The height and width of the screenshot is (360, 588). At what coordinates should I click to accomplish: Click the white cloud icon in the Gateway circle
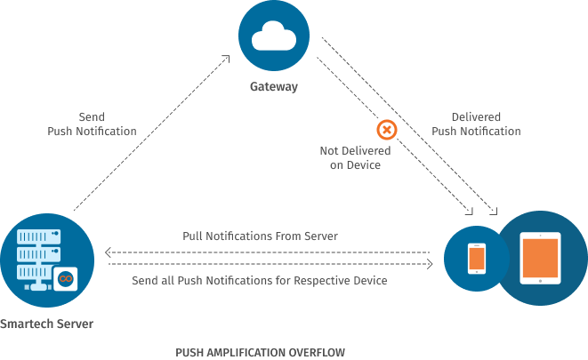pos(274,36)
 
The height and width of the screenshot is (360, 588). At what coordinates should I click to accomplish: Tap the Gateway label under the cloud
pos(274,87)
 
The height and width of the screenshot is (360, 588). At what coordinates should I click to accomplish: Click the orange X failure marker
pos(387,130)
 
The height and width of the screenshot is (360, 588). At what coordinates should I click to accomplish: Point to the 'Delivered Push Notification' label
pos(476,124)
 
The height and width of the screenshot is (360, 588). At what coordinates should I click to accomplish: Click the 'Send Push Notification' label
pos(92,124)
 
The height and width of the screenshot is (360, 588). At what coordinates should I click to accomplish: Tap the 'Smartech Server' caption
pos(46,324)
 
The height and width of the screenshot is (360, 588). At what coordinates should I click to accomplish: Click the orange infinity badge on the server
pos(65,278)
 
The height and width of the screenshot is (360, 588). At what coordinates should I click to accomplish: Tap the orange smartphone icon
pos(477,258)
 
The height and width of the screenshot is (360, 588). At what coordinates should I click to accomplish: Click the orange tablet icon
pos(541,257)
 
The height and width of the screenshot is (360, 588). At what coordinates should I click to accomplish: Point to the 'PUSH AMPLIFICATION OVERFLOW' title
pos(260,351)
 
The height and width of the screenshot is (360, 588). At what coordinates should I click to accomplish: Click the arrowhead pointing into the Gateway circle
pos(227,60)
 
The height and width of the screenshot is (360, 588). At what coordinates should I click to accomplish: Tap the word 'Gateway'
pos(274,87)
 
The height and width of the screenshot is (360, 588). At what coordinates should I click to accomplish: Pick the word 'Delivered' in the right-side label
pos(476,117)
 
